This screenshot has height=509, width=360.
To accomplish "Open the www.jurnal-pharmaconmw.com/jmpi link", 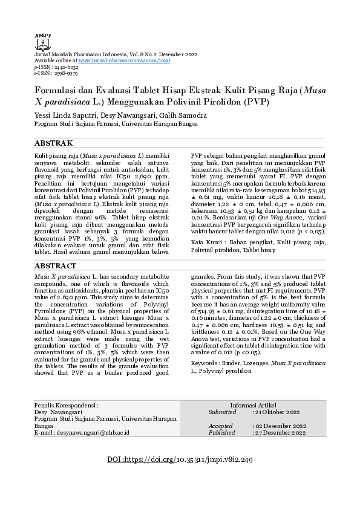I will [124, 61].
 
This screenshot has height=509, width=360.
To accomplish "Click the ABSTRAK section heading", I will [53, 143].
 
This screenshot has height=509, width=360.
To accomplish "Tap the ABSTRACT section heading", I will [55, 265].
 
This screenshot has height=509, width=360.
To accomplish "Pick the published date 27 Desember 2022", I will [280, 433].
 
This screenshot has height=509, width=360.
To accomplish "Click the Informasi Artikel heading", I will [253, 404].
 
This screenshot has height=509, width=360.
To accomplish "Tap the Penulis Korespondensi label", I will [66, 404].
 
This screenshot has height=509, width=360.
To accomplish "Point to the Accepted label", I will [221, 426].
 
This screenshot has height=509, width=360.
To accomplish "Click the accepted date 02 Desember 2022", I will [280, 426].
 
